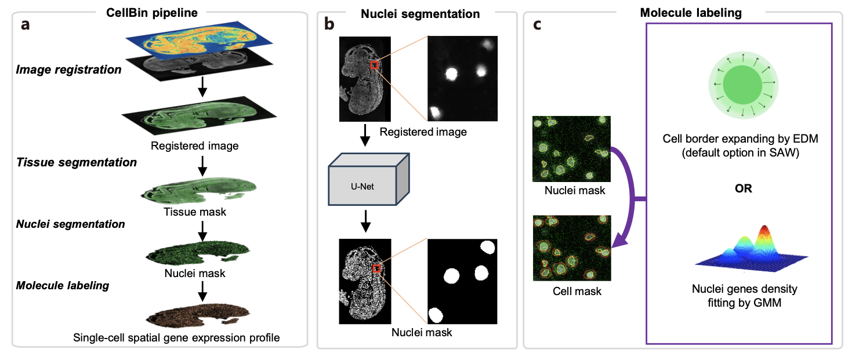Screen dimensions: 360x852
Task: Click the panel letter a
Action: coord(26,26)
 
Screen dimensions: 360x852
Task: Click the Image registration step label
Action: coord(69,70)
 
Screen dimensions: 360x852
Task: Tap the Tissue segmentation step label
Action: coord(77,163)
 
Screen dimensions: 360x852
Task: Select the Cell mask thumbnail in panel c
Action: coord(571,247)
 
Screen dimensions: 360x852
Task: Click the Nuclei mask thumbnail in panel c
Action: coord(571,148)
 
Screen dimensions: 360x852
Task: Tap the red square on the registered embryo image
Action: coord(375,66)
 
